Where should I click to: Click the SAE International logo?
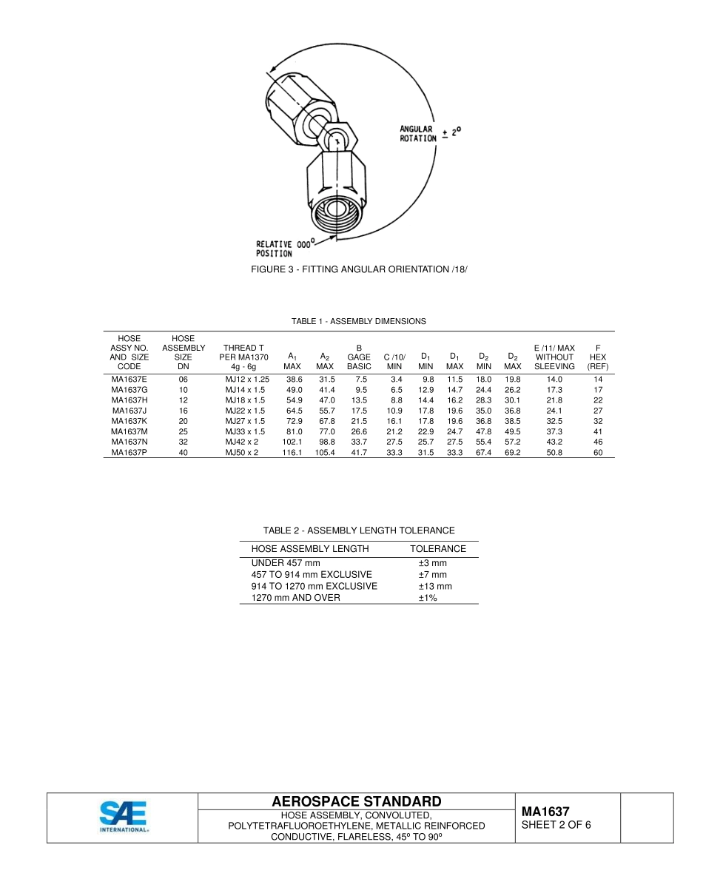pos(124,817)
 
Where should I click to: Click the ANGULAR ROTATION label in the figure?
pos(418,134)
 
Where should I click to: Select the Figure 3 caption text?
pos(360,269)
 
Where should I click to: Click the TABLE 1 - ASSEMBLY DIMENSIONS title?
pos(359,321)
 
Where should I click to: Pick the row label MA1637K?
pos(129,420)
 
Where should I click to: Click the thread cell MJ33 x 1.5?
pos(245,431)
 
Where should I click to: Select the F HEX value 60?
pos(598,452)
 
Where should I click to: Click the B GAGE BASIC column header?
pos(359,357)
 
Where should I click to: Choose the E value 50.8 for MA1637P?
pos(554,452)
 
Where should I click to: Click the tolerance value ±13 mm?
pos(434,586)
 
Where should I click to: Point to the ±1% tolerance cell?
pos(428,597)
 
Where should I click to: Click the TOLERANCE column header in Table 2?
pos(438,549)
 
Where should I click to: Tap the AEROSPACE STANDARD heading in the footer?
pos(357,802)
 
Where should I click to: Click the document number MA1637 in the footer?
pos(545,812)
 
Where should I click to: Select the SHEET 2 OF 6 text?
pos(556,825)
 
